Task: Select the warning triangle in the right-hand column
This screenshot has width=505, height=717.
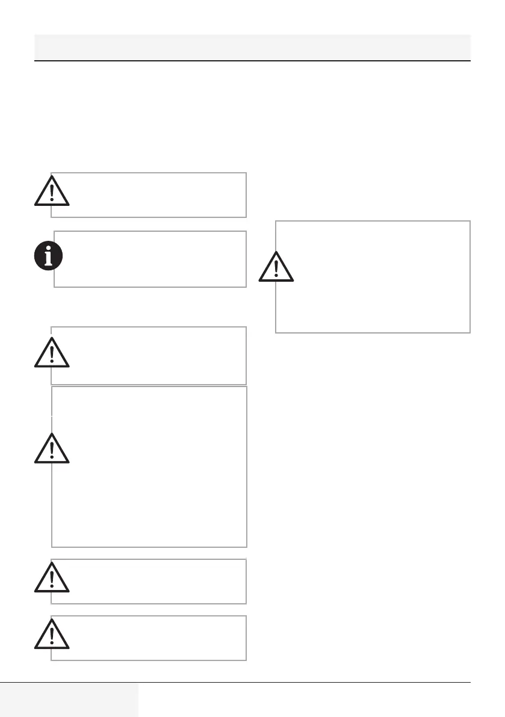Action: [x=276, y=268]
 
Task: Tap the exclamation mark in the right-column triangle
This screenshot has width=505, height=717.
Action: [x=276, y=268]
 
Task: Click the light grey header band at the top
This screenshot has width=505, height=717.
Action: [x=252, y=46]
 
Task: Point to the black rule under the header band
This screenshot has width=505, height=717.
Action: [x=252, y=61]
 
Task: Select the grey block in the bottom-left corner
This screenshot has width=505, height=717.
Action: [x=69, y=700]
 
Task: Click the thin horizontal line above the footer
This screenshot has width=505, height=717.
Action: [x=301, y=682]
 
